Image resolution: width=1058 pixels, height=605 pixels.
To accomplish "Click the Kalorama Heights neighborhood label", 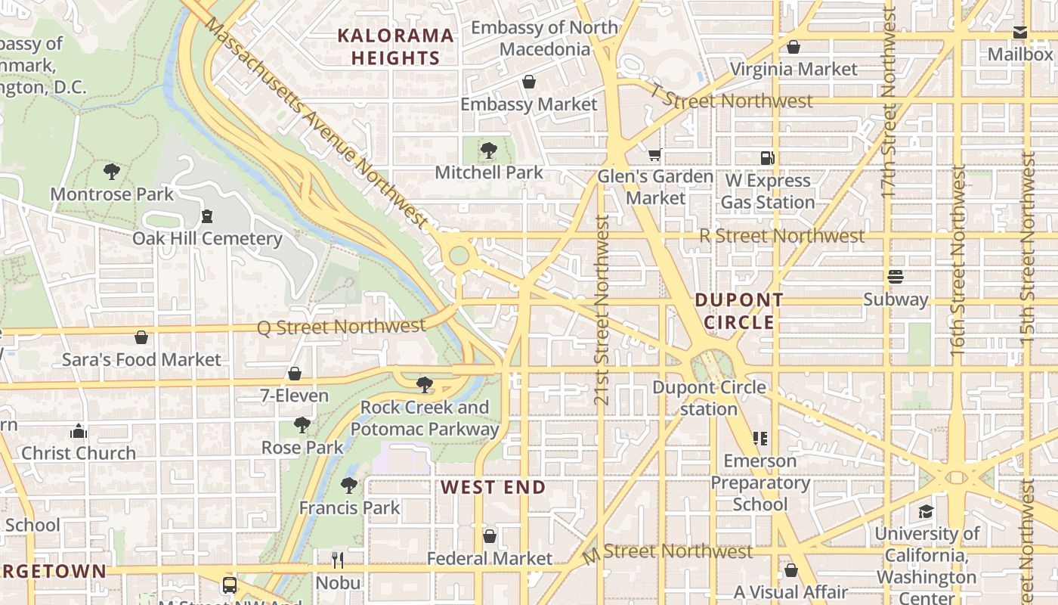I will pos(395,46).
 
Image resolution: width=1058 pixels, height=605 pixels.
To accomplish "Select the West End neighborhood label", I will pos(493,487).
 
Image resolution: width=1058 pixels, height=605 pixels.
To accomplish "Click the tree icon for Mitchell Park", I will pos(489,150).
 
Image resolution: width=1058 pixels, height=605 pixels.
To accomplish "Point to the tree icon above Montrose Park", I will pos(112,172).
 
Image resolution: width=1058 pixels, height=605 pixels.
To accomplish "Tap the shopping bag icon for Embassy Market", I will pos(529,82).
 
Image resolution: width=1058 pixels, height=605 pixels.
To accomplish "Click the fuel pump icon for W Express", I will pos(768,158).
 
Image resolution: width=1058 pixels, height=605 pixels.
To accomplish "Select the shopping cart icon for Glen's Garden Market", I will pos(654,155).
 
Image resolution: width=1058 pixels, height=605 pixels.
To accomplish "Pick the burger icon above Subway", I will pos(896,277).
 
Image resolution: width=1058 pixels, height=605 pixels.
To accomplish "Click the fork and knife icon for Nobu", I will pos(338,560).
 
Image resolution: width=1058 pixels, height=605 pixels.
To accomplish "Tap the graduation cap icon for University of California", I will pos(926,512).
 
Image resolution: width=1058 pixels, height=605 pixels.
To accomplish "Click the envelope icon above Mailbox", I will pos(1020,33).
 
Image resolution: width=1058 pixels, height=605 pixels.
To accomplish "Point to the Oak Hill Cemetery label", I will pos(207,239).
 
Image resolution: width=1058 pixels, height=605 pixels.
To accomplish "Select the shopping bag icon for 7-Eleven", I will pos(295,374).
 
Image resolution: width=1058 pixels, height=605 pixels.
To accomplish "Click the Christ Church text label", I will pos(79,453).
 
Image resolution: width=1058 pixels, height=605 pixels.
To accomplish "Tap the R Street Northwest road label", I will pos(781,236).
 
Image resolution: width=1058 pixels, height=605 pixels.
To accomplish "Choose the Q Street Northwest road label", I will pos(342,327).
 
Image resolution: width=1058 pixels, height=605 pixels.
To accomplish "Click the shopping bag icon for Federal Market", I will pos(490,536).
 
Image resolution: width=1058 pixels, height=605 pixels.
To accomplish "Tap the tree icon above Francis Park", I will pos(348,485).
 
